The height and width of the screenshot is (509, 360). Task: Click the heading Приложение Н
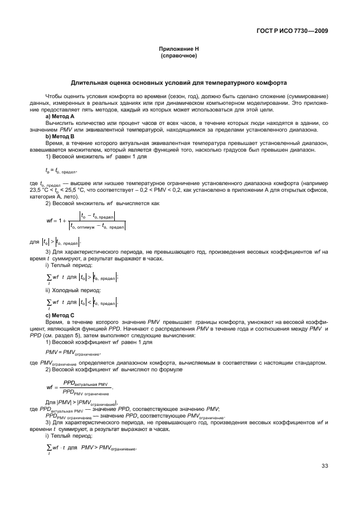pyautogui.click(x=179, y=49)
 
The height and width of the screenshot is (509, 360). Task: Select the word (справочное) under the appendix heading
pyautogui.click(x=179, y=56)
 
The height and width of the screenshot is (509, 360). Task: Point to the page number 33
pyautogui.click(x=324, y=466)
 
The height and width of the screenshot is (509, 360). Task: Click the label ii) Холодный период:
pyautogui.click(x=72, y=290)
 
